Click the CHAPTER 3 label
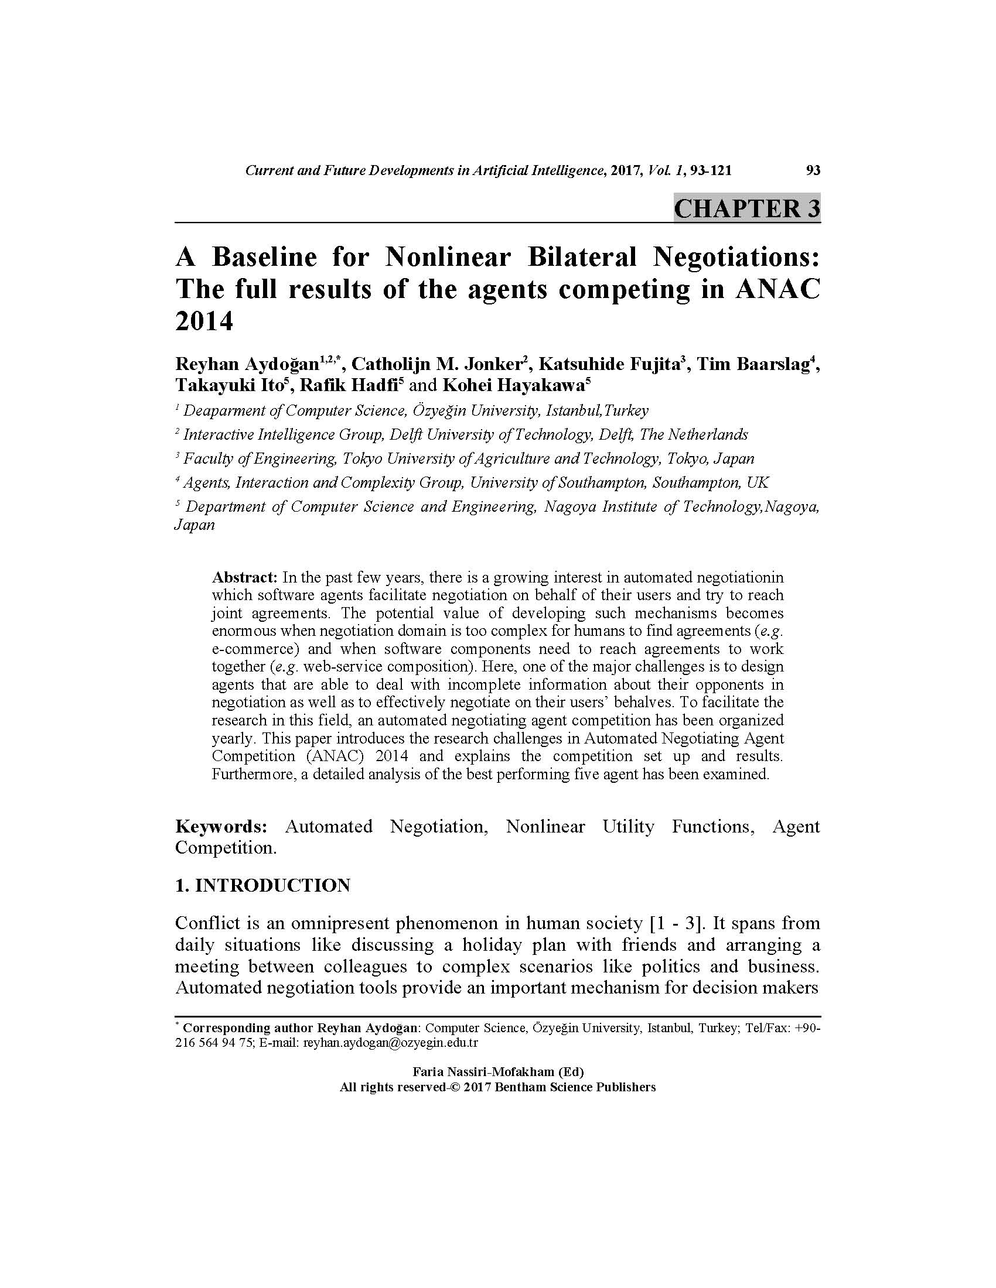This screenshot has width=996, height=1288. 746,209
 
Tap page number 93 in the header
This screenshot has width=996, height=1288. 813,170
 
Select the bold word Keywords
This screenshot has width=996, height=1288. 221,826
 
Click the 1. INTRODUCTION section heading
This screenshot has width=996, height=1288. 262,885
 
